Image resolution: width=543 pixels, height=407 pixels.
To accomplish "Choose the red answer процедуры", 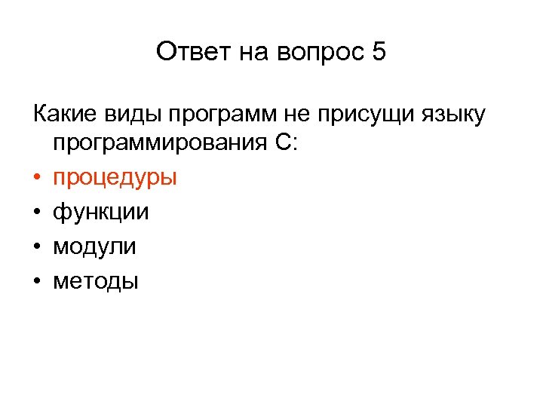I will point(115,179).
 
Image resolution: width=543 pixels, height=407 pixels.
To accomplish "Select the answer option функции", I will point(100,213).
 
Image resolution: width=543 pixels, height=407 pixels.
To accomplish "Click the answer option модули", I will point(94,246).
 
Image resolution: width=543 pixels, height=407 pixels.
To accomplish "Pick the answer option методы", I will point(96,281).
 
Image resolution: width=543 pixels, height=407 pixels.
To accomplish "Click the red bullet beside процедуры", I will point(36,178).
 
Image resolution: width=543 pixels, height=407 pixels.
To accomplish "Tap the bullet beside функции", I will point(36,213).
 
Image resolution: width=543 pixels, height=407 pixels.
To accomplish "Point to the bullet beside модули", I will point(36,246).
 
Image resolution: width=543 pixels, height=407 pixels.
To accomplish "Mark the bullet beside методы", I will point(36,281).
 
